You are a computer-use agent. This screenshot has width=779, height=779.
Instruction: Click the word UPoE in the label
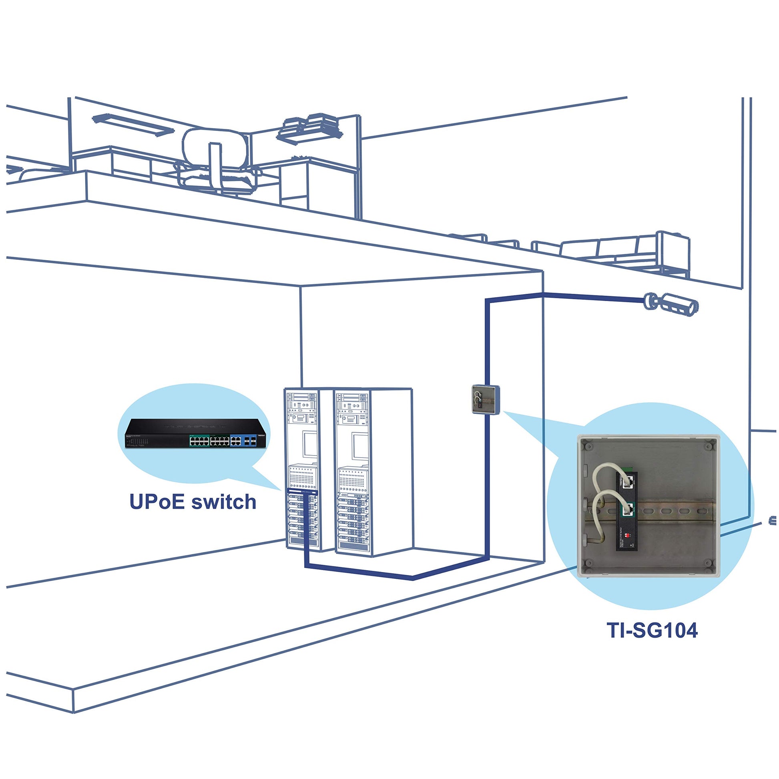click(157, 502)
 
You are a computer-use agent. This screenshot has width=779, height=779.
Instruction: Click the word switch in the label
click(224, 502)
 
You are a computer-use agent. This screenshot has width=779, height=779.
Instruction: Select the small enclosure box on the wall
click(486, 399)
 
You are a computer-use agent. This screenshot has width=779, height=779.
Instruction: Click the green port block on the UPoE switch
click(209, 441)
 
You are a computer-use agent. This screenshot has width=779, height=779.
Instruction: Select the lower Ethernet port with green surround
click(628, 509)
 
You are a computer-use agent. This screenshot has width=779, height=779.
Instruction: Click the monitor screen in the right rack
click(360, 445)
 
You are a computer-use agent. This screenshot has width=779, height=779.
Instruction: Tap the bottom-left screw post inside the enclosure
click(589, 563)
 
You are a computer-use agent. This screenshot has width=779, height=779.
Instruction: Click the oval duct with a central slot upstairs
click(215, 149)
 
